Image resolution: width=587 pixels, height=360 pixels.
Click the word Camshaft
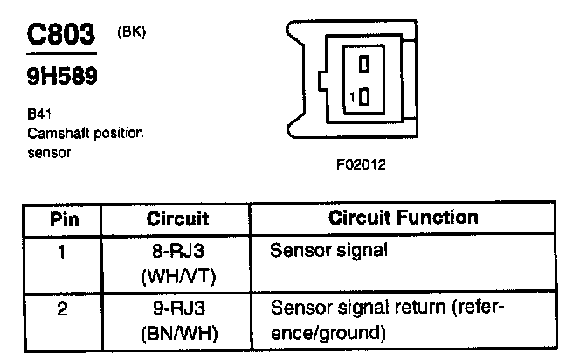(56, 134)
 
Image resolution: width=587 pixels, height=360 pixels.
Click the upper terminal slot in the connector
(364, 63)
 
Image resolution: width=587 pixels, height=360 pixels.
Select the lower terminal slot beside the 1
(364, 96)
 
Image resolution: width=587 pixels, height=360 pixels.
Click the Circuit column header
(177, 218)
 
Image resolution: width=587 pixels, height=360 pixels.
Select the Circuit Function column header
(403, 218)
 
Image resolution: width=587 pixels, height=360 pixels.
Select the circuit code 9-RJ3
(178, 309)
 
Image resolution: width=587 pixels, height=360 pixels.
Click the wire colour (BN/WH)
(178, 332)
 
